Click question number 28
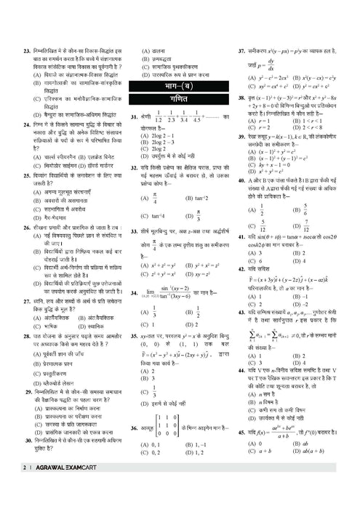[x=26, y=338]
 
